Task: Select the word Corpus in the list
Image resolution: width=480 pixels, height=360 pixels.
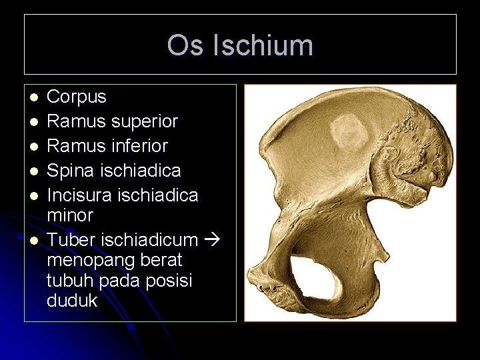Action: click(x=76, y=97)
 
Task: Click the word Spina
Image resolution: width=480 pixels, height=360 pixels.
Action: click(x=70, y=170)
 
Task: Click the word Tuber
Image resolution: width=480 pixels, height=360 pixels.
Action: click(x=69, y=239)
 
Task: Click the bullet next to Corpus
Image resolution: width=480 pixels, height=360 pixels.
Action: click(x=32, y=97)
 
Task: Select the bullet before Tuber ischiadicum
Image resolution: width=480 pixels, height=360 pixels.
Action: click(x=32, y=239)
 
